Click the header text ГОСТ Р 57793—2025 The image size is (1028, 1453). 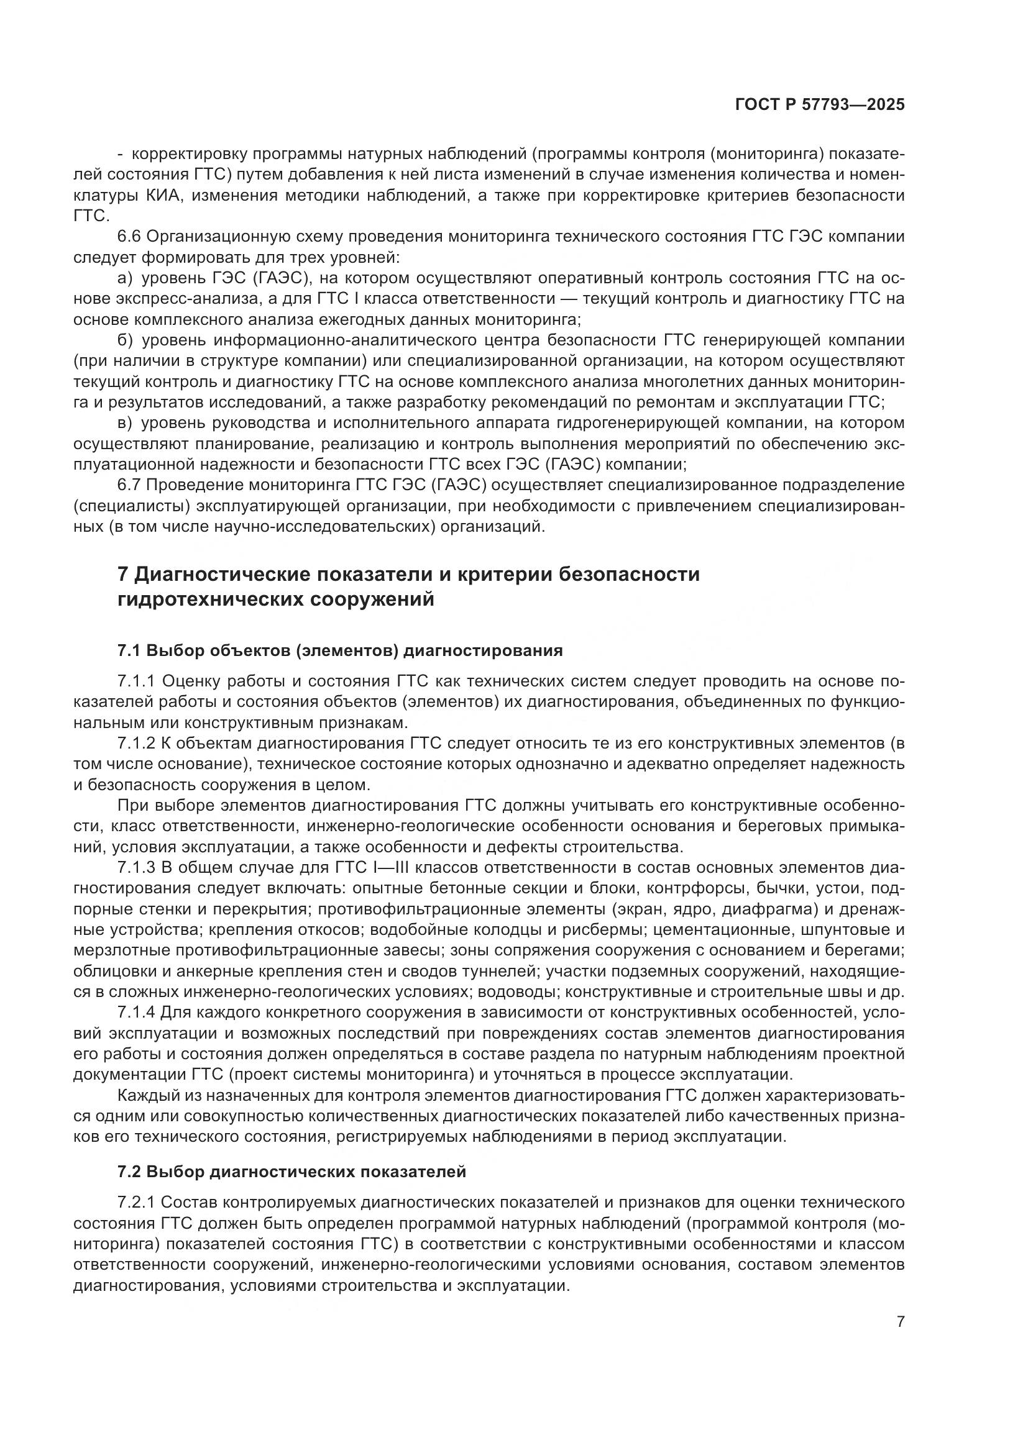[820, 105]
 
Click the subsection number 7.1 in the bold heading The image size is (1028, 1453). [129, 650]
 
